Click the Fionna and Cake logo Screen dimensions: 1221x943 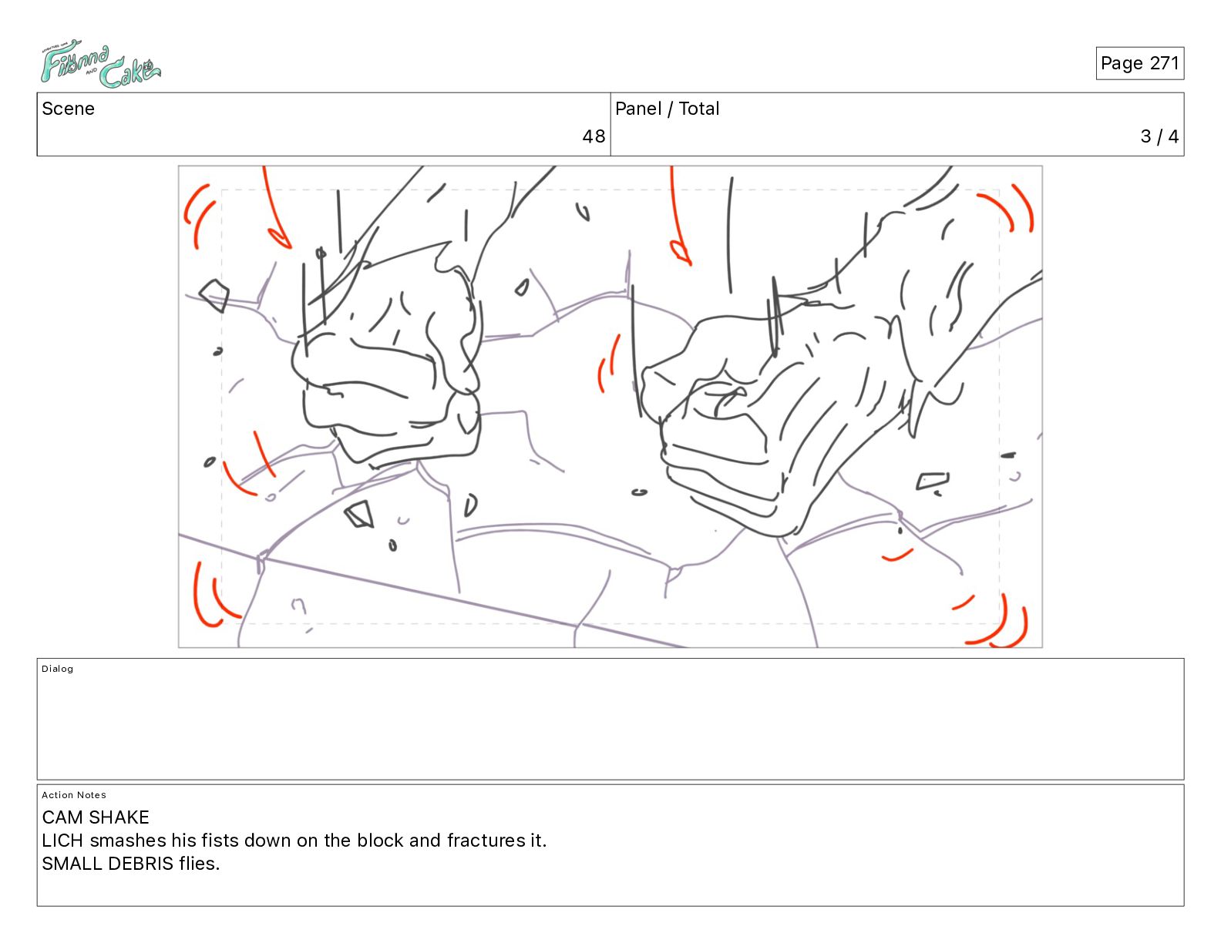[x=100, y=64]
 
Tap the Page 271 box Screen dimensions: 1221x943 [x=1139, y=63]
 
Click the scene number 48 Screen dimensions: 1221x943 [x=594, y=136]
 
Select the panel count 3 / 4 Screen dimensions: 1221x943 [x=1159, y=136]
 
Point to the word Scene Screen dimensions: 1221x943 [x=68, y=109]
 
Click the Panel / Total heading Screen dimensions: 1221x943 [x=667, y=109]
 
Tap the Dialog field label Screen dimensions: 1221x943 [x=57, y=669]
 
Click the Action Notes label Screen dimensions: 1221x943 [x=73, y=795]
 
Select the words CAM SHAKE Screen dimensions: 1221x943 [x=96, y=817]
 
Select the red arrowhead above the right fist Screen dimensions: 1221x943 [x=681, y=253]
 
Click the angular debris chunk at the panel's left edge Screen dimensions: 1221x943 [x=214, y=295]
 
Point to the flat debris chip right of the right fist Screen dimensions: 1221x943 [x=933, y=481]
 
